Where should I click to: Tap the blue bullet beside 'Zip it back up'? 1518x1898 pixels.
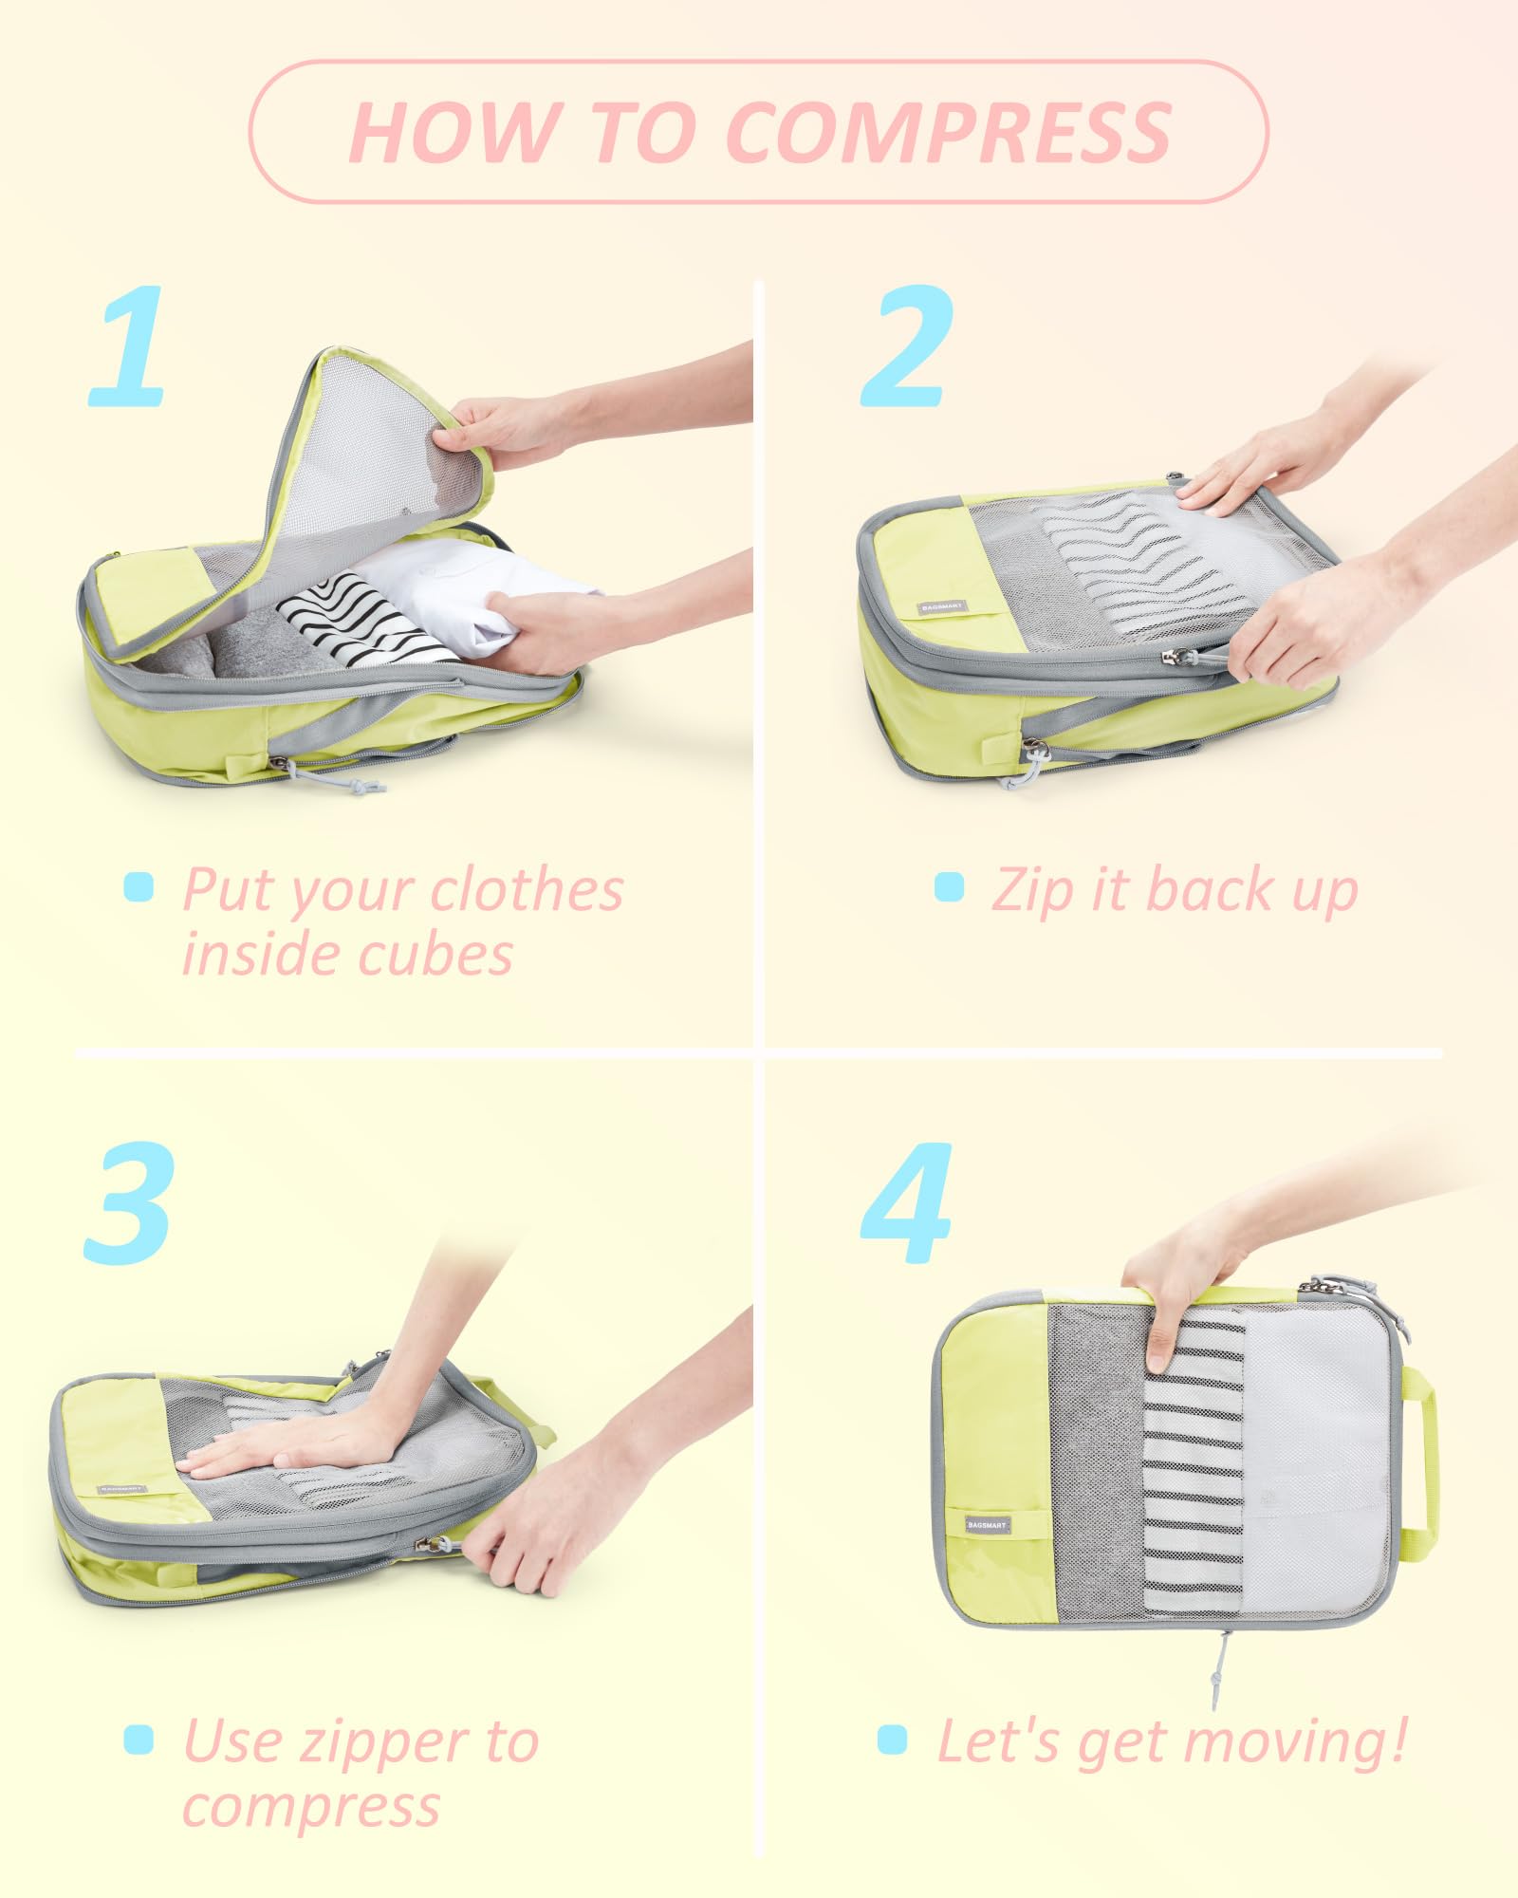(949, 887)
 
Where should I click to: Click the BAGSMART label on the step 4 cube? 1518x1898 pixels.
(988, 1525)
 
